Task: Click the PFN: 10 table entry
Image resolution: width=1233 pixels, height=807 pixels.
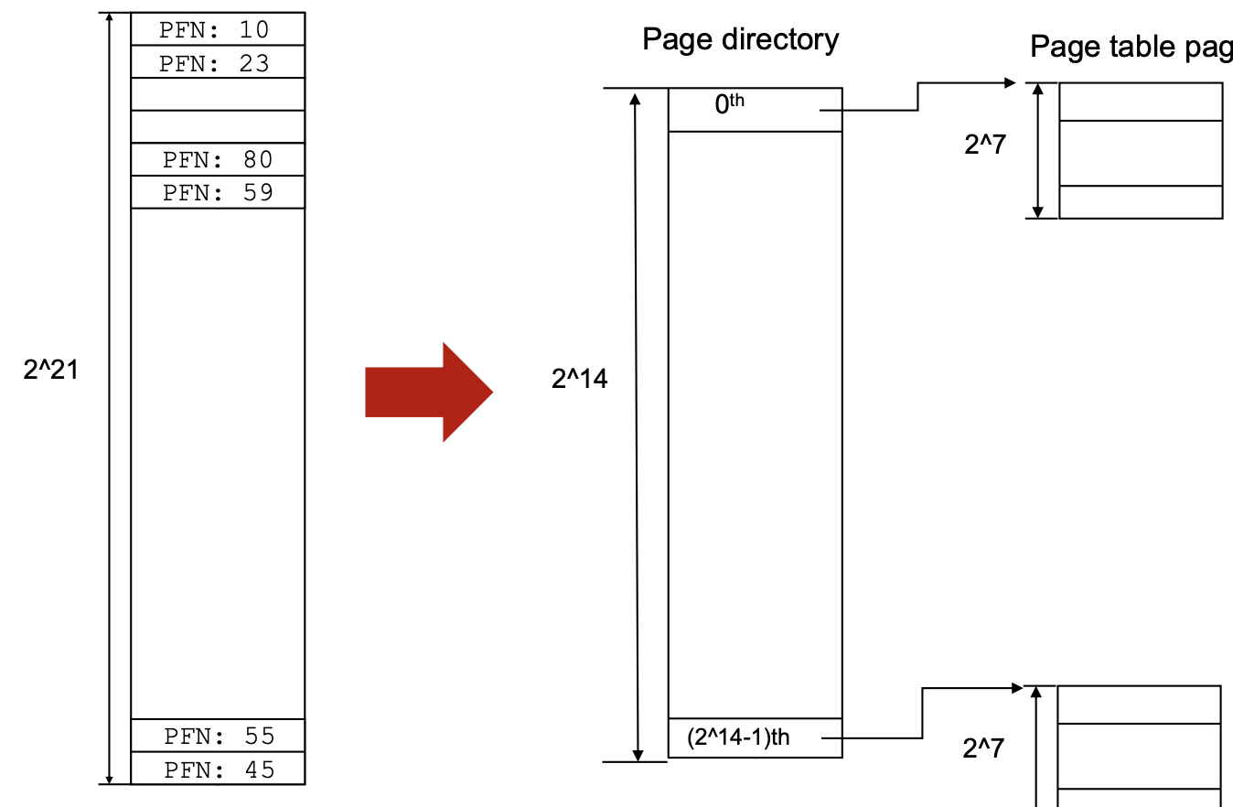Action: click(218, 29)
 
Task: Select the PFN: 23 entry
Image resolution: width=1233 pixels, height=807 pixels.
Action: click(218, 63)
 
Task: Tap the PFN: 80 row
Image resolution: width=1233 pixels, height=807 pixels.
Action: click(218, 159)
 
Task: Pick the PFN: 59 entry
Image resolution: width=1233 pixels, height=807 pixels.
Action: click(218, 192)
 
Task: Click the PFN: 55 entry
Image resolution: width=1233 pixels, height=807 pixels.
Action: click(218, 736)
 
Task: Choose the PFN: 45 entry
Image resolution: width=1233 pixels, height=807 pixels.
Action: click(218, 769)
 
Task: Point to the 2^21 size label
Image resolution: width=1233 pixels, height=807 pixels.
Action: click(51, 370)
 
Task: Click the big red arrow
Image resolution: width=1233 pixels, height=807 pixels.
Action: click(428, 393)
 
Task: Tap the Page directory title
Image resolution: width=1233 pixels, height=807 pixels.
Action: click(740, 39)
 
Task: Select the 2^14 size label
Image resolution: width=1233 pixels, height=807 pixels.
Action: click(579, 378)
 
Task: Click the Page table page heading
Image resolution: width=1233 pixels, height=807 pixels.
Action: click(1131, 47)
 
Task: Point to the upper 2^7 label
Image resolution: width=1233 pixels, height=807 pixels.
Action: click(984, 145)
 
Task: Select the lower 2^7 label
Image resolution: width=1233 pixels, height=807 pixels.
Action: click(983, 748)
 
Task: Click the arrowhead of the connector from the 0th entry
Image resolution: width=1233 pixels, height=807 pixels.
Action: click(1010, 83)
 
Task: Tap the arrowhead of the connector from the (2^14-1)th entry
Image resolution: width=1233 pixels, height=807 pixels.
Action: click(1017, 688)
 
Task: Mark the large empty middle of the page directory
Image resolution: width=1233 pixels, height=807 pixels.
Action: click(755, 421)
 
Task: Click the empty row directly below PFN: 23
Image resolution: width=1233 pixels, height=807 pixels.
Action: click(218, 94)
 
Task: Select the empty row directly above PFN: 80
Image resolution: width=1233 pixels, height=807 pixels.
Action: click(218, 126)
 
